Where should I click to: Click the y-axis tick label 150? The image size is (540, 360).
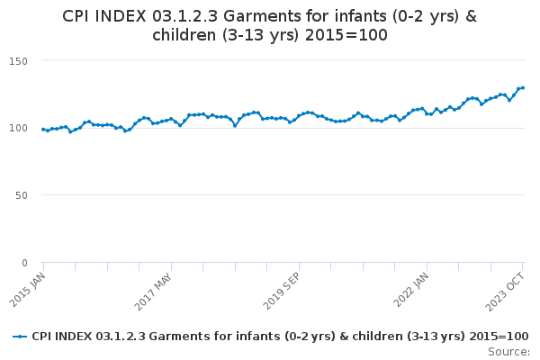coord(19,60)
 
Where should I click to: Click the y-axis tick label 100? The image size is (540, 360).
coord(19,128)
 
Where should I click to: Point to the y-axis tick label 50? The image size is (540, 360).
coord(22,195)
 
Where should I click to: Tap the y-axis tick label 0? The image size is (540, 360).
coord(25,263)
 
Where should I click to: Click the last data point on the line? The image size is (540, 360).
coord(523,88)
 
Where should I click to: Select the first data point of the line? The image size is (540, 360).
coord(43,130)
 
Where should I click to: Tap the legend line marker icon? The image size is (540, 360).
coord(21,336)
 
